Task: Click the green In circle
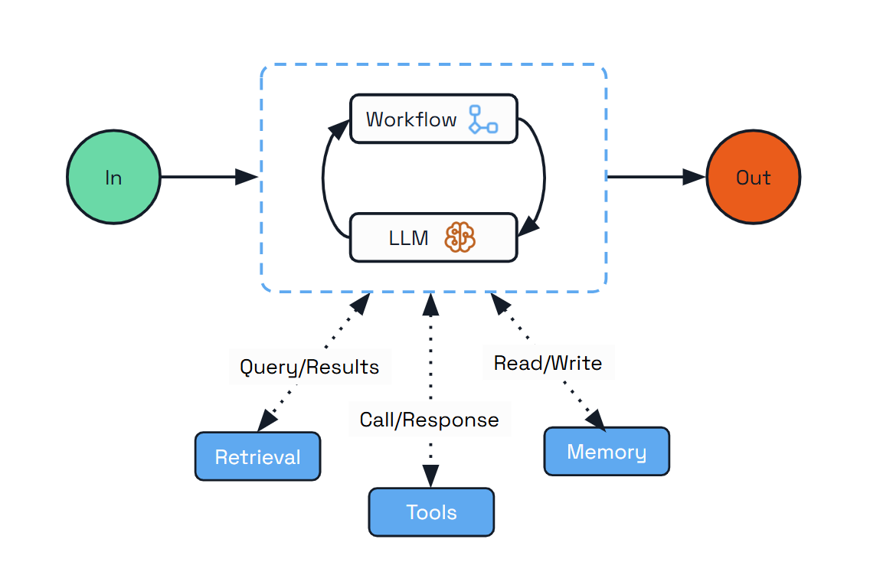click(x=113, y=177)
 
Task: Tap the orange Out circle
click(x=753, y=177)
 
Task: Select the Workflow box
click(x=433, y=119)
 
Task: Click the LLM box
click(x=433, y=237)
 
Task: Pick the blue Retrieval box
click(x=257, y=456)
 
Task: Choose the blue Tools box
click(x=431, y=511)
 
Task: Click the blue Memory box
click(x=607, y=451)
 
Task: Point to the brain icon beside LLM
click(x=460, y=237)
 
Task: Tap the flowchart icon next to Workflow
click(x=482, y=119)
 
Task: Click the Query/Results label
click(x=309, y=367)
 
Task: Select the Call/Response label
click(x=429, y=419)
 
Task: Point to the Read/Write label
click(x=548, y=362)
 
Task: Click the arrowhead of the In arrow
click(x=247, y=177)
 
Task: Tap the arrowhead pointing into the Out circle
click(x=694, y=177)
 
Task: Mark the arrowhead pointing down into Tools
click(x=430, y=477)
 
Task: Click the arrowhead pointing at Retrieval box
click(x=267, y=420)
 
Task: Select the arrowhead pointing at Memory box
click(x=596, y=419)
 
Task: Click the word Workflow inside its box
click(x=411, y=119)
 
